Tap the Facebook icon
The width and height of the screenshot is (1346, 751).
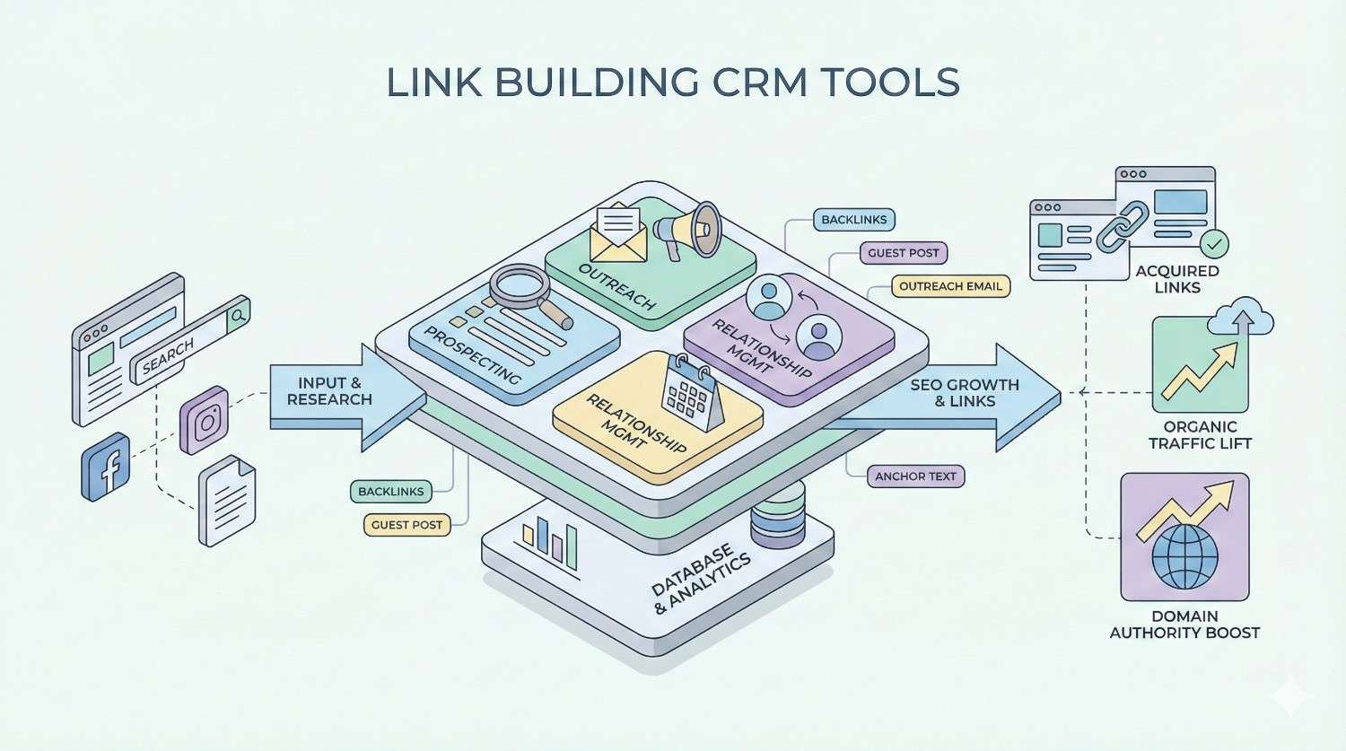point(106,467)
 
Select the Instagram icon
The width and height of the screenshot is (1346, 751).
point(205,420)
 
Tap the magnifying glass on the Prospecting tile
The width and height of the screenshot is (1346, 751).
point(526,293)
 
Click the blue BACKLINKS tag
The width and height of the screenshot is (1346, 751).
point(853,220)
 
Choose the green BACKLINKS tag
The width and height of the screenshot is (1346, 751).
point(390,491)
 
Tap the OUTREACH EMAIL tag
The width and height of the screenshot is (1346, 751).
point(950,286)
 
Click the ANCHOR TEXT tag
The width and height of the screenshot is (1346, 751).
point(915,476)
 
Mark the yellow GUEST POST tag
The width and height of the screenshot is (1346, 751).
point(406,525)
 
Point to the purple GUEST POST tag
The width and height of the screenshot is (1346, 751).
point(903,253)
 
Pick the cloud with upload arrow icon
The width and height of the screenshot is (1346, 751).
point(1242,314)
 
